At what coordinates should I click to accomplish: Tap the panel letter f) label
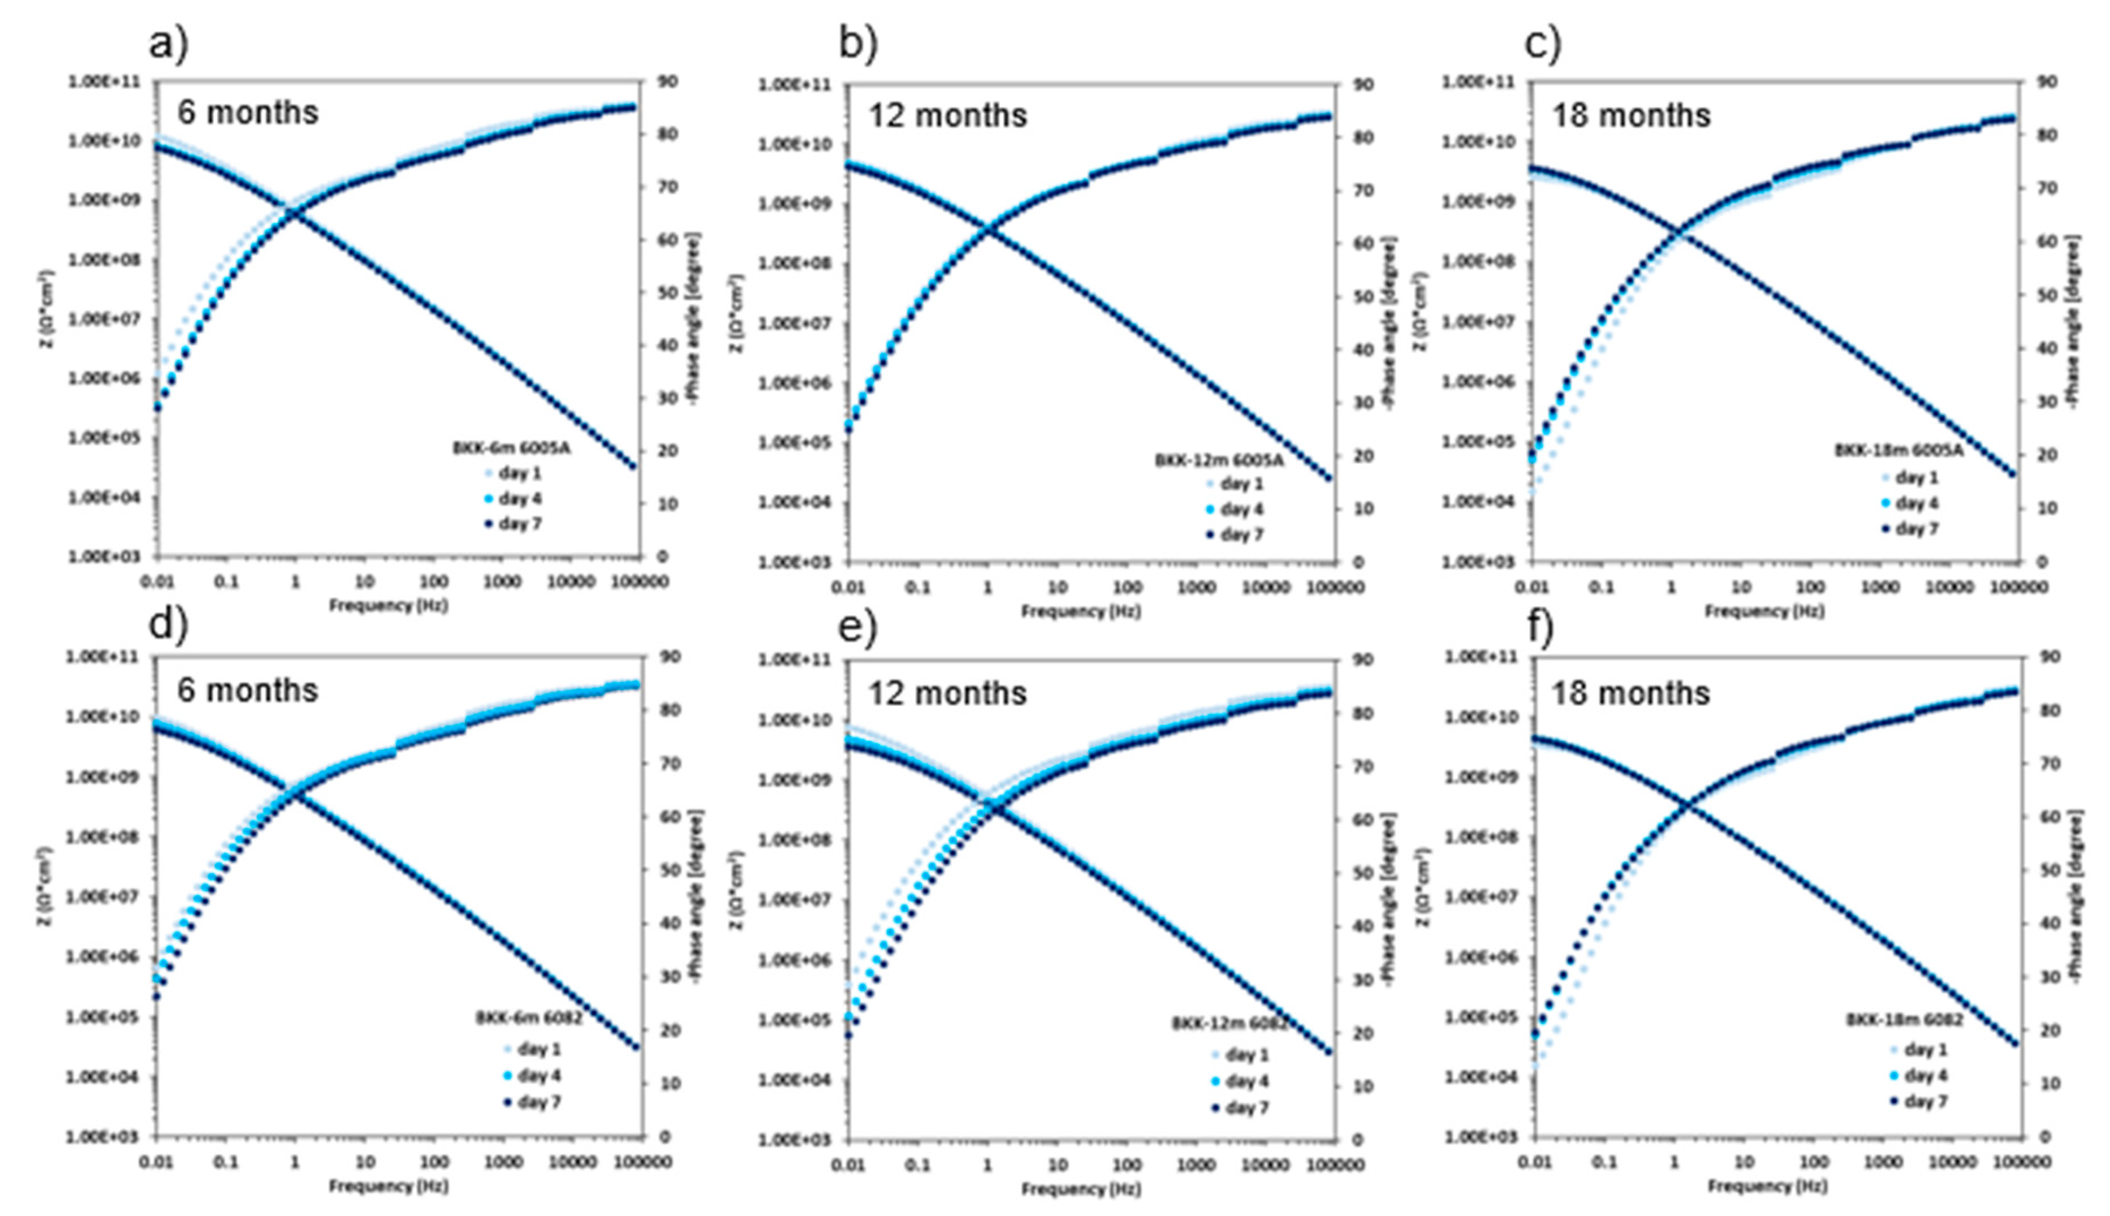coord(1540,628)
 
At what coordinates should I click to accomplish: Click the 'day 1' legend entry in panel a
coord(519,473)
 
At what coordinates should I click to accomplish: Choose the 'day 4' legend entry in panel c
coord(1916,503)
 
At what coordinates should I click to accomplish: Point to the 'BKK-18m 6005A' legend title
coord(1898,450)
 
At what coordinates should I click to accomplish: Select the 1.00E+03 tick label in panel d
coord(98,1137)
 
